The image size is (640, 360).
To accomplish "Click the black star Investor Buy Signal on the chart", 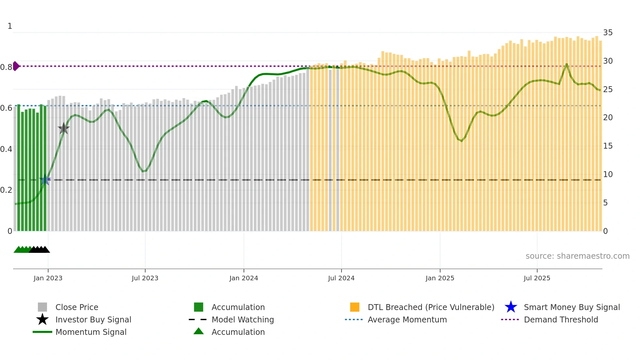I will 64,128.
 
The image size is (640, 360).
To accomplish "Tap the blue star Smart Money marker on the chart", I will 45,180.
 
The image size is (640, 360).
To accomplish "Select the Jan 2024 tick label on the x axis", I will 244,278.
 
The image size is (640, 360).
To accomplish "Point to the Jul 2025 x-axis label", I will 537,278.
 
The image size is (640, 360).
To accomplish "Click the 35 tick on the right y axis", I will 608,33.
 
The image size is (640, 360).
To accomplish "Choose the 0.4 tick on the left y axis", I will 6,149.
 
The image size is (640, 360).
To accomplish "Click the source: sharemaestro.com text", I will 577,256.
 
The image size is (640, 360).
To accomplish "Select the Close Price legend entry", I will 77,307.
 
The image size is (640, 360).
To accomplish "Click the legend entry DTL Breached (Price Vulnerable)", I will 431,307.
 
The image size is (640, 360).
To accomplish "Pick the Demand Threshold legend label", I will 561,319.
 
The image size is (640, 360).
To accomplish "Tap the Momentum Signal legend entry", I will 91,332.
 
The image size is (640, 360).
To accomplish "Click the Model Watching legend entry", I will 243,319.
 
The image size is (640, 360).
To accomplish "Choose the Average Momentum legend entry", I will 407,319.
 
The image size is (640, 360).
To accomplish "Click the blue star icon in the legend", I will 511,307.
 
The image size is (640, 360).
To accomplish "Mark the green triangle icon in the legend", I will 199,331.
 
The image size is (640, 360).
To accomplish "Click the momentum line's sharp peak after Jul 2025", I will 567,64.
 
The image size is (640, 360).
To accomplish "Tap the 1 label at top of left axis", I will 10,26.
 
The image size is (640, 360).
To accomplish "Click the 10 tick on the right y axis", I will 608,174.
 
